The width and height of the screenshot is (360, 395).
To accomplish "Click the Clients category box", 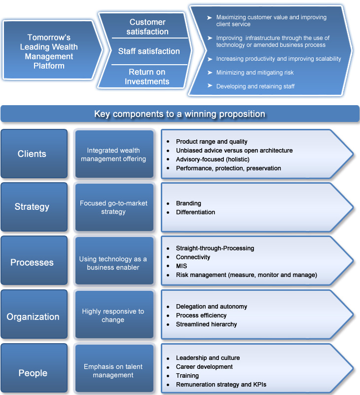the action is pyautogui.click(x=34, y=154).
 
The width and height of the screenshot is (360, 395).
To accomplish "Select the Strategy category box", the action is pyautogui.click(x=34, y=207).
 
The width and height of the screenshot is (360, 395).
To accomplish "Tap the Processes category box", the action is pyautogui.click(x=34, y=261).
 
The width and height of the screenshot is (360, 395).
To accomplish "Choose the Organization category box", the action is pyautogui.click(x=34, y=314).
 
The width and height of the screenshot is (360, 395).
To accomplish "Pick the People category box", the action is pyautogui.click(x=34, y=368).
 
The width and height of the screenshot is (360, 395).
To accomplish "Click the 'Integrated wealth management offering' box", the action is pyautogui.click(x=114, y=154).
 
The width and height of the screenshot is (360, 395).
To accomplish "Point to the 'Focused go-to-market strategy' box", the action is pyautogui.click(x=114, y=207).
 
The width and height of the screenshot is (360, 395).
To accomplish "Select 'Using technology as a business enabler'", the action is pyautogui.click(x=114, y=261).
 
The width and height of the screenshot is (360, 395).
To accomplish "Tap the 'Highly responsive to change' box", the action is pyautogui.click(x=114, y=315).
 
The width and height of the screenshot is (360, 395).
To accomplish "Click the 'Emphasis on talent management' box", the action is pyautogui.click(x=114, y=368).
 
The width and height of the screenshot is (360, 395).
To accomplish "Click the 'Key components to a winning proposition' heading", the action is pyautogui.click(x=180, y=114).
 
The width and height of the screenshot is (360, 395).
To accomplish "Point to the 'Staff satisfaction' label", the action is pyautogui.click(x=149, y=51).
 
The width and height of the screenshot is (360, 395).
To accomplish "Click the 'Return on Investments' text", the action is pyautogui.click(x=147, y=77).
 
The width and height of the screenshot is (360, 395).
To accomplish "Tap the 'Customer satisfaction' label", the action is pyautogui.click(x=147, y=27).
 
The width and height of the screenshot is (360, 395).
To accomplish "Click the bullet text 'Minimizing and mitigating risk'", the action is pyautogui.click(x=255, y=73).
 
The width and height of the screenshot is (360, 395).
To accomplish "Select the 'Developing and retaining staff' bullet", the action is pyautogui.click(x=255, y=86).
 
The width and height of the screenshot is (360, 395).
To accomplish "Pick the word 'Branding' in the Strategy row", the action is pyautogui.click(x=188, y=203).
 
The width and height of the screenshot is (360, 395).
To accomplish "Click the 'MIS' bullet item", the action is pyautogui.click(x=181, y=266).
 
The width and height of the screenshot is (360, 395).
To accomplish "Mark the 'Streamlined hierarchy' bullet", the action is pyautogui.click(x=206, y=324).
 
